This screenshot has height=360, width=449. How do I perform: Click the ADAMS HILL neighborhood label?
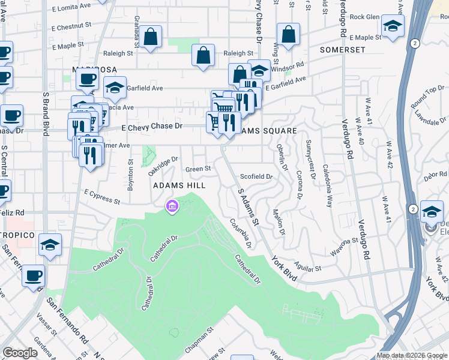coord(178,185)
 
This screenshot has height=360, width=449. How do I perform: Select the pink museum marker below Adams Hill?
coord(172,206)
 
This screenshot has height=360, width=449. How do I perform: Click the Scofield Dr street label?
coord(256,177)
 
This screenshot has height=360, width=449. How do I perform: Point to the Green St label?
coord(198,170)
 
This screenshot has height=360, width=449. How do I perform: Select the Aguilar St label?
coord(308,266)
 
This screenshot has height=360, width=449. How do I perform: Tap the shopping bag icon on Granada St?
coord(152,36)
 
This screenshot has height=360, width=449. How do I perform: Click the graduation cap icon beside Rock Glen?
coord(393,26)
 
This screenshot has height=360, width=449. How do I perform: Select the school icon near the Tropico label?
coord(50,245)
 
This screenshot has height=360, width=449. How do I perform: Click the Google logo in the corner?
coord(20,353)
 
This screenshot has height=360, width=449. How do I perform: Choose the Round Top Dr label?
coord(427,99)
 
